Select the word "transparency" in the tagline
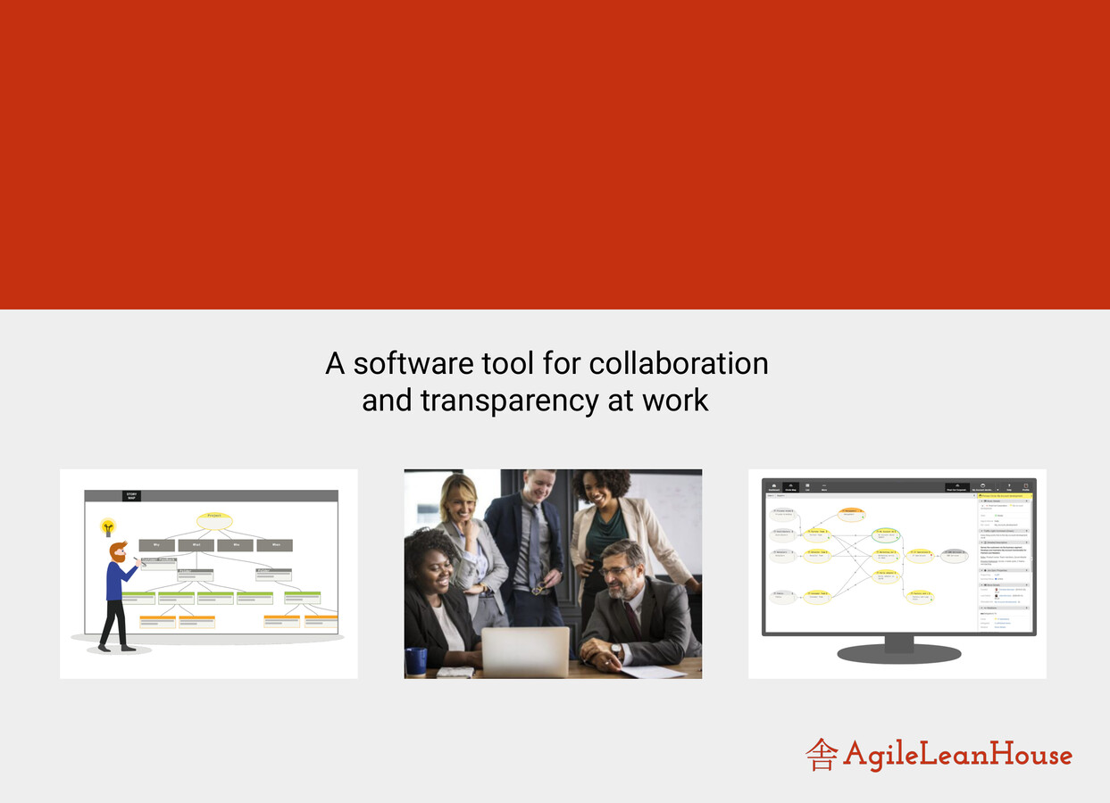pyautogui.click(x=509, y=401)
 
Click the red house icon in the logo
pyautogui.click(x=821, y=755)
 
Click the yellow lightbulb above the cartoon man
pyautogui.click(x=108, y=527)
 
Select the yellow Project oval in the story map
pyautogui.click(x=214, y=520)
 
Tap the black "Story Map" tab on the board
pyautogui.click(x=131, y=495)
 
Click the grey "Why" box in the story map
pyautogui.click(x=156, y=545)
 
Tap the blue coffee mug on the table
pyautogui.click(x=416, y=661)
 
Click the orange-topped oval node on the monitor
pyautogui.click(x=851, y=514)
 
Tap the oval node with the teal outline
pyautogui.click(x=885, y=534)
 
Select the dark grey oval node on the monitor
pyautogui.click(x=954, y=555)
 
